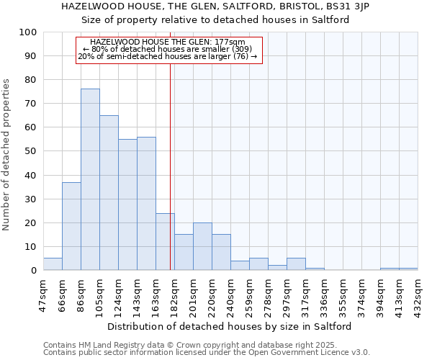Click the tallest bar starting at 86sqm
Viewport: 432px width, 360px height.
[90, 179]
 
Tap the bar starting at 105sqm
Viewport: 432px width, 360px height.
[109, 192]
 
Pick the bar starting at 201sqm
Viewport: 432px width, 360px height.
[202, 246]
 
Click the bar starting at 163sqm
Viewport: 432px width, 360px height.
[165, 242]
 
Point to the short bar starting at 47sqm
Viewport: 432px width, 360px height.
[53, 264]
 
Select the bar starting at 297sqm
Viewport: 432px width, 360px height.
[296, 264]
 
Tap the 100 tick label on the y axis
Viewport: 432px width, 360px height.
[28, 32]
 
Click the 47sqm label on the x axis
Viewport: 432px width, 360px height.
[44, 292]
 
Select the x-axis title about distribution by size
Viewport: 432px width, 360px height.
[233, 326]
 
